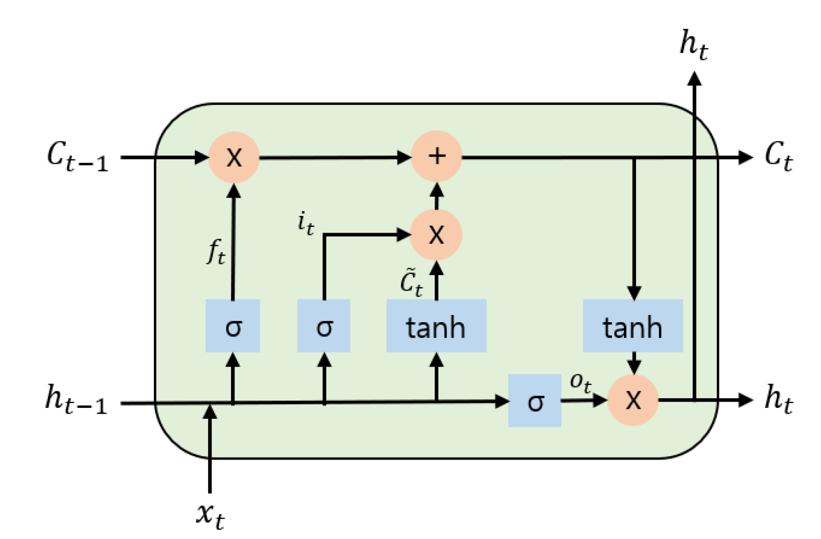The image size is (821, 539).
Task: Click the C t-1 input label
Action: pos(77,157)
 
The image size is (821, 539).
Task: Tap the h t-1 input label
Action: pos(76,399)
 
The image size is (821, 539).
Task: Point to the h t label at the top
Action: pos(693,45)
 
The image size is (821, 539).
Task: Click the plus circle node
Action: pos(436,157)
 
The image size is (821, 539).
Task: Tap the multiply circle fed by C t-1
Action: pos(234,157)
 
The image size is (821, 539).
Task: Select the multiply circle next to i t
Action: pos(436,235)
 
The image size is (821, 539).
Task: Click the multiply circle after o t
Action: pos(633,400)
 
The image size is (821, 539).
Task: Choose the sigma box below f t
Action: pos(233,326)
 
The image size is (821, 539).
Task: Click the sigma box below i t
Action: pos(324,326)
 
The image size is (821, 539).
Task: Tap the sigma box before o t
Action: pos(535,401)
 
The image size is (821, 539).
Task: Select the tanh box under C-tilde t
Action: pos(436,326)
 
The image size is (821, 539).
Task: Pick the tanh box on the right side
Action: pos(633,326)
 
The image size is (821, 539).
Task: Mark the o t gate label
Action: pos(580,382)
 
